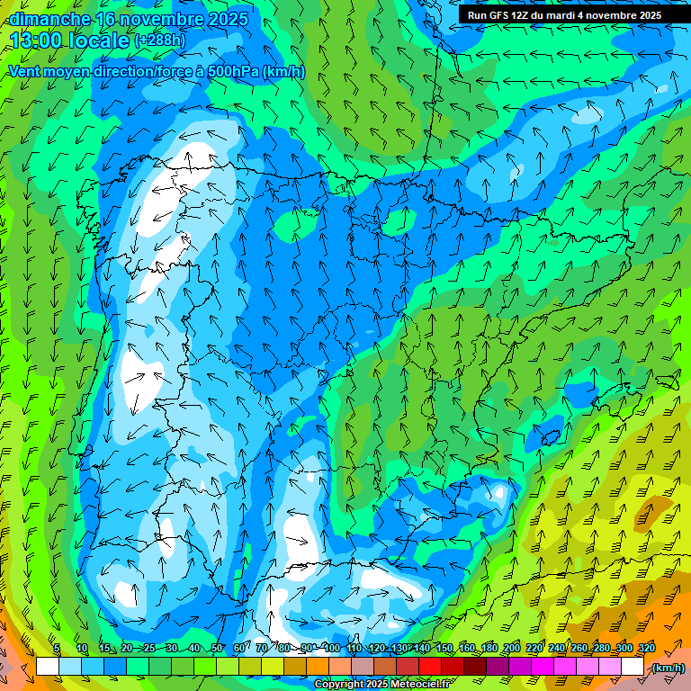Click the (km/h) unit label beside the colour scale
669,668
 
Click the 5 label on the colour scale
57,649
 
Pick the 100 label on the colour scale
330,649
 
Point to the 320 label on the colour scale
646,649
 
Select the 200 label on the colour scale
511,649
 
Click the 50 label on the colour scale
217,649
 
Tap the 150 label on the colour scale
444,649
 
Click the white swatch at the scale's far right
633,667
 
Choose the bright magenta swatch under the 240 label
543,667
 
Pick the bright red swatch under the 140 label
431,667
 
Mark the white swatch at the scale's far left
47,667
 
